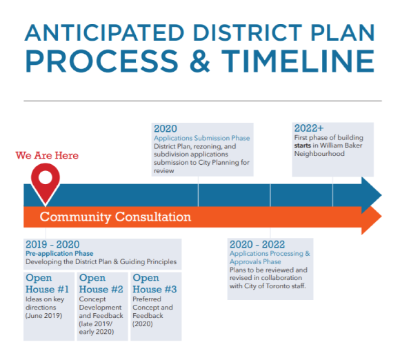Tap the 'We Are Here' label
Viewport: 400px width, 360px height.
coord(47,155)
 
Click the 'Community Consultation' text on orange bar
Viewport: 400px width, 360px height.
coord(115,217)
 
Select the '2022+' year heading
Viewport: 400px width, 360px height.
coord(309,129)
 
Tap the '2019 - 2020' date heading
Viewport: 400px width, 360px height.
coord(52,245)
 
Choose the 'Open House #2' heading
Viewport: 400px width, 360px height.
coord(101,283)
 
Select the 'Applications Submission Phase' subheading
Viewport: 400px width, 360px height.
coord(201,139)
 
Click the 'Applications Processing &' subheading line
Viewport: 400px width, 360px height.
coord(270,253)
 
